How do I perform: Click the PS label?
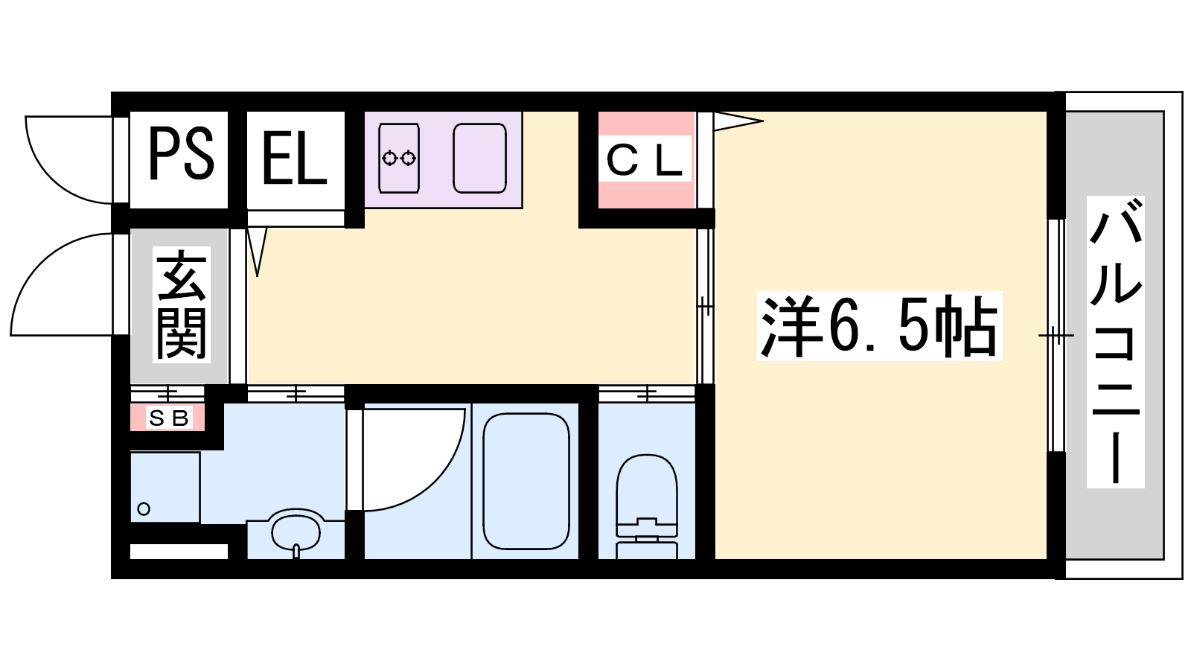[182, 155]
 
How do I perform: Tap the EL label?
[294, 157]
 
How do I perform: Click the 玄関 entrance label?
[182, 304]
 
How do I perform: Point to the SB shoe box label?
[168, 419]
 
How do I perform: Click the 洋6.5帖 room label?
[879, 326]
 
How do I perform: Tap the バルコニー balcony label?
[1116, 342]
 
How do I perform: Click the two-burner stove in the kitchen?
[399, 158]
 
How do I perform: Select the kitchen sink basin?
[479, 158]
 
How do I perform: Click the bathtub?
[526, 481]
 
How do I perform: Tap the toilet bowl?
[647, 488]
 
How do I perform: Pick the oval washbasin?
[297, 530]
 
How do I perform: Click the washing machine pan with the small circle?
[165, 487]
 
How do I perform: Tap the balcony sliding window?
[1056, 336]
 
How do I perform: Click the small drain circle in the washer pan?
[144, 509]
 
